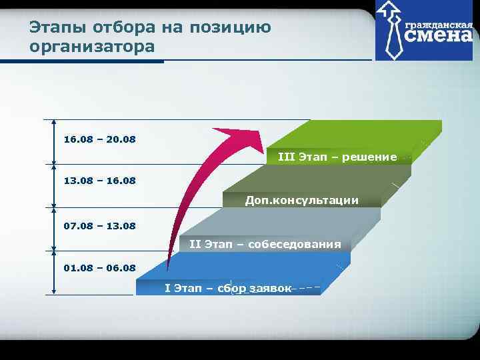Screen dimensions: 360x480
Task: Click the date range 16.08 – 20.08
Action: click(x=99, y=139)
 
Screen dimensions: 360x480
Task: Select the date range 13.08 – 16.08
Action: click(x=99, y=181)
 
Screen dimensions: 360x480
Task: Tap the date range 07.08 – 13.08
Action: click(x=99, y=226)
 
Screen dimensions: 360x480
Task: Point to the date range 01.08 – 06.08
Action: click(x=99, y=268)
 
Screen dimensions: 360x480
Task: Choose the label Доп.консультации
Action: click(x=301, y=200)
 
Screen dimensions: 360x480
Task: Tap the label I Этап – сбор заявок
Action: click(x=228, y=288)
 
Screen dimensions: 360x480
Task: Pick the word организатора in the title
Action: click(x=92, y=47)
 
